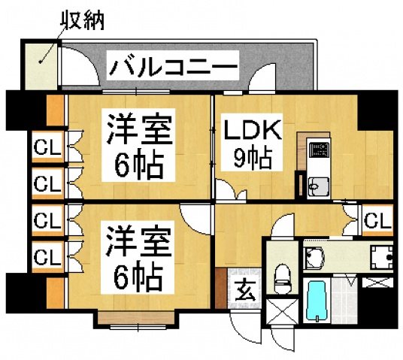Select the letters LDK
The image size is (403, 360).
point(252,131)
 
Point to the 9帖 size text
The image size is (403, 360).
point(251,159)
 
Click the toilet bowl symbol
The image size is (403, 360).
point(283,277)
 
